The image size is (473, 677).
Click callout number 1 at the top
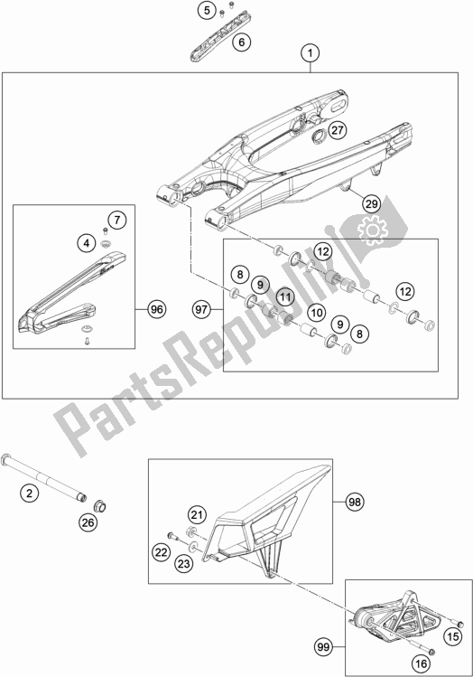point(310,54)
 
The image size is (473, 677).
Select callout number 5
point(209,11)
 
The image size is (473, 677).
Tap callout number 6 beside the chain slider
point(240,42)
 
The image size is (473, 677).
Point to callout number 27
point(336,130)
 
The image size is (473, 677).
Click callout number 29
point(370,205)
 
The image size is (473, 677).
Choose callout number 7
point(116,220)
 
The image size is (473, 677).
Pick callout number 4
point(85,243)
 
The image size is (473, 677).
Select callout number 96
point(154,309)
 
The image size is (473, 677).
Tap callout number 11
point(283,296)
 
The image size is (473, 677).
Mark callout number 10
point(316,312)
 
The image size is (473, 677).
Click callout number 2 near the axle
point(29,493)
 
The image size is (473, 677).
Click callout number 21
point(197,514)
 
